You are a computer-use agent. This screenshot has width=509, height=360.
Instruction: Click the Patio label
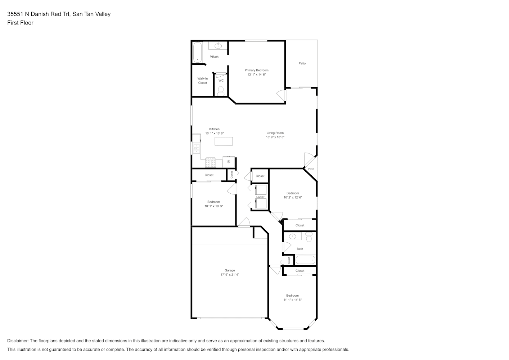point(302,63)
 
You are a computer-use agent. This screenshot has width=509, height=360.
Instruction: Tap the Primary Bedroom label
point(257,70)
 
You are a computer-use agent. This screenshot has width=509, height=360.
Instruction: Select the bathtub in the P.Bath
point(198,53)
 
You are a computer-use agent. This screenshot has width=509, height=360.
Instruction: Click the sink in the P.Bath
point(218,46)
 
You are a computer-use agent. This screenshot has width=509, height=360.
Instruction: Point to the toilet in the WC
point(221,91)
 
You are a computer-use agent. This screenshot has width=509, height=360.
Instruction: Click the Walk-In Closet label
point(202,81)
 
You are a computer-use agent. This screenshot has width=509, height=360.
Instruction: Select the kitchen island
point(224,141)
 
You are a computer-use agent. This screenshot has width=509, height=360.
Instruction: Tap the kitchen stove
point(211,162)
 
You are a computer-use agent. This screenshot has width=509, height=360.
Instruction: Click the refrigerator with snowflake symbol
point(229,162)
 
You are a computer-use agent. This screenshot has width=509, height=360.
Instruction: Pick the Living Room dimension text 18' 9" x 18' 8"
point(275,137)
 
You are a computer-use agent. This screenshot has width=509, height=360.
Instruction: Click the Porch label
point(311,169)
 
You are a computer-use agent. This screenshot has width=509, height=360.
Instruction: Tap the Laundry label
point(260,197)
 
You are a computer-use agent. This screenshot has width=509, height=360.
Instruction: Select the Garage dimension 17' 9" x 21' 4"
point(230,275)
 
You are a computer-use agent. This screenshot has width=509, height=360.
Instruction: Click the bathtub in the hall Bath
point(305,260)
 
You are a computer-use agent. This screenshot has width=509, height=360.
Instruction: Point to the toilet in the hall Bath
point(309,237)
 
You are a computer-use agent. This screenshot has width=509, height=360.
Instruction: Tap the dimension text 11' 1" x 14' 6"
point(292,300)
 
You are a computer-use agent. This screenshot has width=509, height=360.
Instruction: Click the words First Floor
point(20,23)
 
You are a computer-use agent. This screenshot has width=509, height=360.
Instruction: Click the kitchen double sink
point(196,149)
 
